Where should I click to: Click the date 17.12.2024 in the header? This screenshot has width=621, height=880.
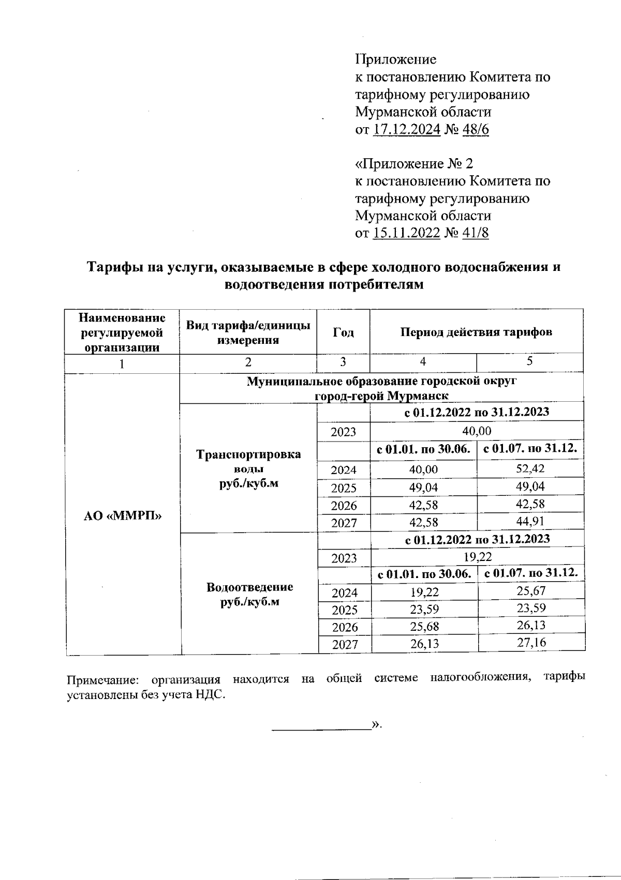406,129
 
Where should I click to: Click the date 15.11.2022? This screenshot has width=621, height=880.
406,233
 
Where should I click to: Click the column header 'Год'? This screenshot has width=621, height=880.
343,332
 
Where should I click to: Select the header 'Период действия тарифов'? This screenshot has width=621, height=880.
477,332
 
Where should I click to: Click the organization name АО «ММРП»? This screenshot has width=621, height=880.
123,515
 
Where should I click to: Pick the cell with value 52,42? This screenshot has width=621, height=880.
530,469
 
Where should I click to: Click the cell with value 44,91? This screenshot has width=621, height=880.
530,521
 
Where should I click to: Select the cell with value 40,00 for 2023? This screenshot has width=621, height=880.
477,431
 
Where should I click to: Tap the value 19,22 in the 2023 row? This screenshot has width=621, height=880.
477,557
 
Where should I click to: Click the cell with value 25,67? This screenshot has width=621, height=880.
531,590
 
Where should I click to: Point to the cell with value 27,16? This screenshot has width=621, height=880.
531,643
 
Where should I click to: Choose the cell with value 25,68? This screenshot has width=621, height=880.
424,627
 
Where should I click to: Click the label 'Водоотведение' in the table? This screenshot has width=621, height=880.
249,587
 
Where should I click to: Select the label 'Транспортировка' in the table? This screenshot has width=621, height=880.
248,455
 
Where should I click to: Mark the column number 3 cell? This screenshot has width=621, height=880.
343,362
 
